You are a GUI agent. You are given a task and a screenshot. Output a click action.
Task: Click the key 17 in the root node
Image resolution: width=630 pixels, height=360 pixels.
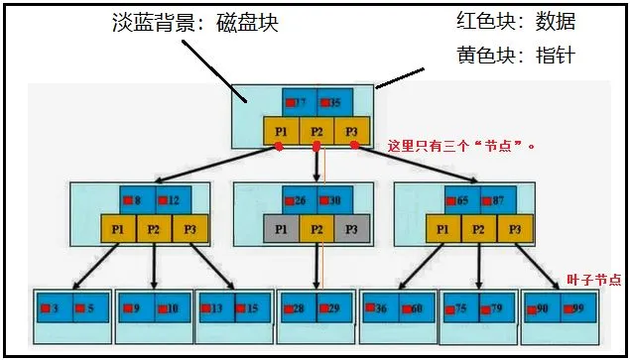click(x=300, y=102)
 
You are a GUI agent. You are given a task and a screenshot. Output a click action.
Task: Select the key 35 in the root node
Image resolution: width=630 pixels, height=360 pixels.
click(x=334, y=102)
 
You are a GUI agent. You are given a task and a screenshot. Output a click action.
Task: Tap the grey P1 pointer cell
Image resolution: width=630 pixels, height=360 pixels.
click(x=281, y=229)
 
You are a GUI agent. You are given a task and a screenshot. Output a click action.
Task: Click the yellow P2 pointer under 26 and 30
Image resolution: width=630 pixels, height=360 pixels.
click(x=316, y=229)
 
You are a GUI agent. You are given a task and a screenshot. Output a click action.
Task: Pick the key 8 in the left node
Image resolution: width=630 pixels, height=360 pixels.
click(x=137, y=200)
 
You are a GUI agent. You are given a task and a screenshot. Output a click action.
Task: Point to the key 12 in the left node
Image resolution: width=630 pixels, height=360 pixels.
click(x=172, y=200)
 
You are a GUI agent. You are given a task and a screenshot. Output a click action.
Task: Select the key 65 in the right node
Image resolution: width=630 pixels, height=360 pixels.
click(x=462, y=200)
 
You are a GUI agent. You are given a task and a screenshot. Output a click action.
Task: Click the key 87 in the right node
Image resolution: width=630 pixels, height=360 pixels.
click(x=497, y=200)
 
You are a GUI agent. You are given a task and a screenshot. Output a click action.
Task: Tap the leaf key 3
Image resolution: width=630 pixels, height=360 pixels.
click(x=55, y=308)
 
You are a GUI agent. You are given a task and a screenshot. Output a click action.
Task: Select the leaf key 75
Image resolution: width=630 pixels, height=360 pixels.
click(x=461, y=308)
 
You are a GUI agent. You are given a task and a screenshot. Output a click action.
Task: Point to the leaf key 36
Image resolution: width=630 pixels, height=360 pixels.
click(x=381, y=308)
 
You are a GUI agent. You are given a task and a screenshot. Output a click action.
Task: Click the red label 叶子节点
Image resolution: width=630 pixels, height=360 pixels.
click(x=594, y=281)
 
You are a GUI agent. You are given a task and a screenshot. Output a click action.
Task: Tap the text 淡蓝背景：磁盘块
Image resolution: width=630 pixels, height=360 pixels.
click(x=194, y=23)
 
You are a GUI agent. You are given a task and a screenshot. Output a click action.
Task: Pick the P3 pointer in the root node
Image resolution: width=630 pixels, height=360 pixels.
click(x=352, y=131)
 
